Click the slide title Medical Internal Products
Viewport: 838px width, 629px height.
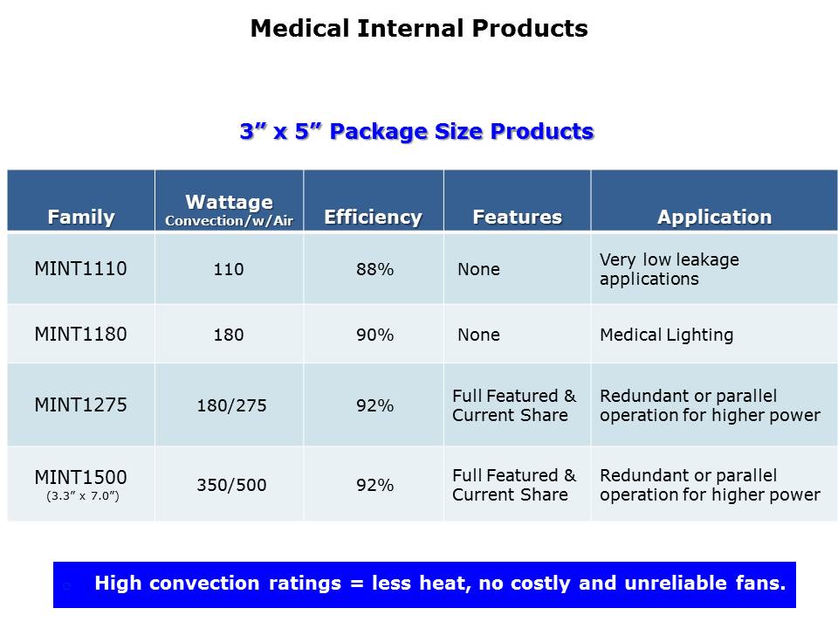[x=419, y=28]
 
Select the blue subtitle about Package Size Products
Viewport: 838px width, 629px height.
[x=417, y=132]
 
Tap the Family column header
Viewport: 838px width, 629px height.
[x=81, y=218]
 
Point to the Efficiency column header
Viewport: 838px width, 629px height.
[x=373, y=218]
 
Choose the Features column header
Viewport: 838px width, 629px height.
[x=518, y=218]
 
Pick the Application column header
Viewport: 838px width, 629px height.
[x=715, y=218]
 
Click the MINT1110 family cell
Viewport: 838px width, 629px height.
[x=80, y=268]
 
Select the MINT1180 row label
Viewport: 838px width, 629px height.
[x=80, y=335]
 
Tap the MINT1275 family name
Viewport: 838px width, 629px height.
[x=80, y=404]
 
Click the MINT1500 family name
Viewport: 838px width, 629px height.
[x=80, y=477]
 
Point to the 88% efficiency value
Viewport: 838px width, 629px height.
[x=375, y=269]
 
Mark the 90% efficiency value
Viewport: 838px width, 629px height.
[x=375, y=335]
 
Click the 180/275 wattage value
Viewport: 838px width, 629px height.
[x=231, y=405]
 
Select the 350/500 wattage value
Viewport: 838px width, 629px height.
[x=231, y=485]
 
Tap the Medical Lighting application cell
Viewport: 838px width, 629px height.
[x=666, y=335]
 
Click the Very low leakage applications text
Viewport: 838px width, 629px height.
[x=670, y=269]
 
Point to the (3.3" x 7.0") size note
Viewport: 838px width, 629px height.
[x=83, y=496]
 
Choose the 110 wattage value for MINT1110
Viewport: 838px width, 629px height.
[x=229, y=269]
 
